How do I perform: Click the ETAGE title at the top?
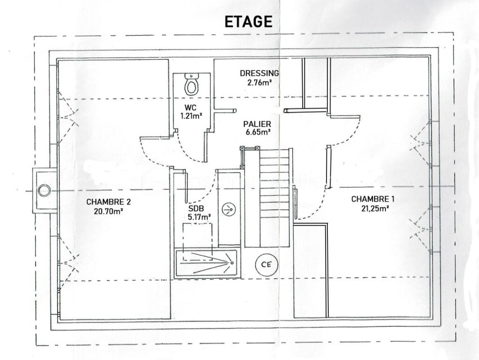point(248,22)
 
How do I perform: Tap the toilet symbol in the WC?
point(191,84)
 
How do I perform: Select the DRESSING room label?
point(259,73)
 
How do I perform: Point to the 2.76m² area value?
point(259,82)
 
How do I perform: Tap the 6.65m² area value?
point(258,132)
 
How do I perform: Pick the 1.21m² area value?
point(192,115)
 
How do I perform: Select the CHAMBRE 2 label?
point(109,202)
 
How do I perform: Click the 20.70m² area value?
point(109,211)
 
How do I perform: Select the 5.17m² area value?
point(198,216)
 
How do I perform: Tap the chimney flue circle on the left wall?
point(44,190)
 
